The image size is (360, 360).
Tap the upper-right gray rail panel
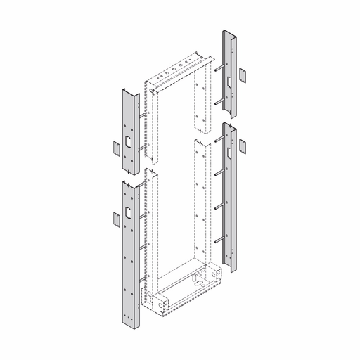(x=230, y=70)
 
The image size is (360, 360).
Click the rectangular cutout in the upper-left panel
(x=128, y=141)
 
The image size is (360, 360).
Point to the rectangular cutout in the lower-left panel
(x=128, y=212)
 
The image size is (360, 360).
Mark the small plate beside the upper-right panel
(x=243, y=75)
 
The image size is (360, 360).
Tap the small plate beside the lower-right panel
(x=243, y=146)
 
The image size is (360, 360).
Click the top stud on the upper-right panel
(x=218, y=69)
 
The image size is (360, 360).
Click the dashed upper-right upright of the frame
(x=202, y=98)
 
